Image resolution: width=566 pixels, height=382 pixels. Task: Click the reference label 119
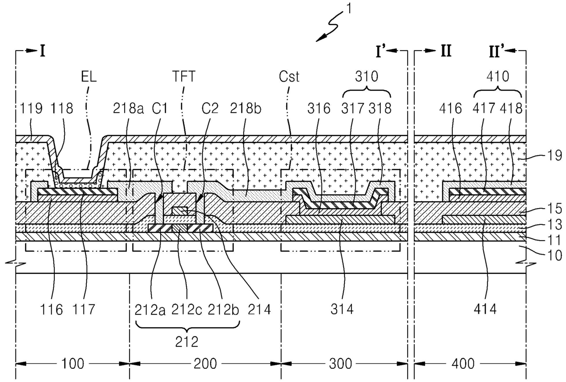pyautogui.click(x=31, y=109)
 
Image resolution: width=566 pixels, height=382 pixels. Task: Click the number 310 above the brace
pyautogui.click(x=367, y=76)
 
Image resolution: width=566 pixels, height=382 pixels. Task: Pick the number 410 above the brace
pyautogui.click(x=498, y=76)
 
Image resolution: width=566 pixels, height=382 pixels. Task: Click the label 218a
pyautogui.click(x=128, y=109)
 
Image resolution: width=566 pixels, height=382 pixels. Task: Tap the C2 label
pyautogui.click(x=210, y=109)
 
